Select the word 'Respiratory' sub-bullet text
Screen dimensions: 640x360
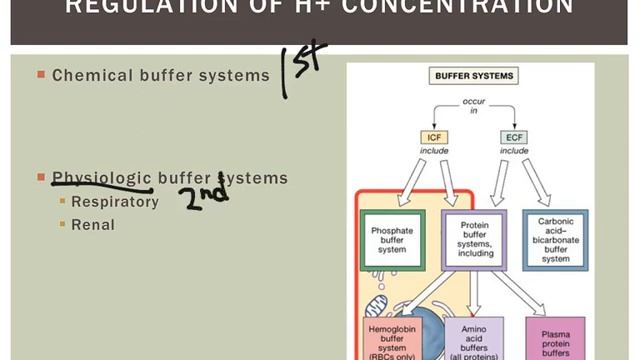(x=115, y=202)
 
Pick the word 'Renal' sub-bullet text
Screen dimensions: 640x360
(x=93, y=225)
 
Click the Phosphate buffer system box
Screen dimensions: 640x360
(x=391, y=241)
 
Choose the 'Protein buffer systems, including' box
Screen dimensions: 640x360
(x=473, y=241)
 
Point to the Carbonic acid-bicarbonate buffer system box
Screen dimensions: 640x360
(x=555, y=241)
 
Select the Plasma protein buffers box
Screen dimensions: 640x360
(x=556, y=340)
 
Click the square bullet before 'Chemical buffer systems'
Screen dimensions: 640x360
(x=41, y=75)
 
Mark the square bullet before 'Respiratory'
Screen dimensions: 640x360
(x=61, y=202)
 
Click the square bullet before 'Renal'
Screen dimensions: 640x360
(x=61, y=225)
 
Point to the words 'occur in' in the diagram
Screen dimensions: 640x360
(x=473, y=107)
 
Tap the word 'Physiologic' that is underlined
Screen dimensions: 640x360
(x=100, y=178)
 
